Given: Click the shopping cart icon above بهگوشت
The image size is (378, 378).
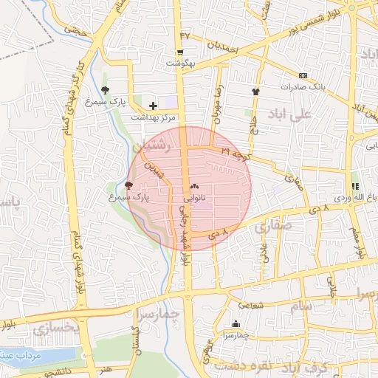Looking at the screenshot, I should [180, 52].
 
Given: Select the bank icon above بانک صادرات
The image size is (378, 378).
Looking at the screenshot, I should [303, 75].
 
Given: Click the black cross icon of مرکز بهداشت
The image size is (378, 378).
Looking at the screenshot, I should [153, 106].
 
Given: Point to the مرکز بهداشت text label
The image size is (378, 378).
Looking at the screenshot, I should [154, 117].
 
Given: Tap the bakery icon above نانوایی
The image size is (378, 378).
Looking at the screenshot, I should [195, 188].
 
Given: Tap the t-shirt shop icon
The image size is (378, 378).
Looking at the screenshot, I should [256, 92].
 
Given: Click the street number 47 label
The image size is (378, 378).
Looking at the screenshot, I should [185, 35].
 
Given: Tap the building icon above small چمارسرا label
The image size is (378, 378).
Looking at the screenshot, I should [236, 324].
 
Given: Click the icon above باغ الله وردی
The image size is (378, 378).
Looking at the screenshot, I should [355, 187].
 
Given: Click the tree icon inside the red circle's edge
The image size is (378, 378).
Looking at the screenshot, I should [130, 185].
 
